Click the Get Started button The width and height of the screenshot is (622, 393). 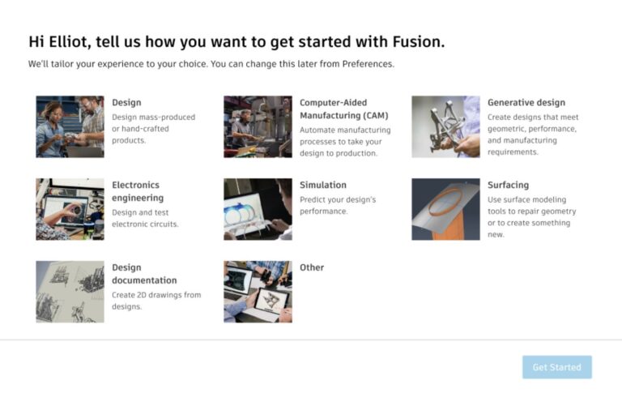pyautogui.click(x=556, y=367)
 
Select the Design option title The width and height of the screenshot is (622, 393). pyautogui.click(x=126, y=103)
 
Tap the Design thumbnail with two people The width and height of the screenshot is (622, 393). pyautogui.click(x=70, y=126)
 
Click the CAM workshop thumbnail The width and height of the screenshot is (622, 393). pyautogui.click(x=258, y=126)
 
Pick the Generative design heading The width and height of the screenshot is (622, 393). pyautogui.click(x=526, y=103)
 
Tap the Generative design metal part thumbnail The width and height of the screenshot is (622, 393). pyautogui.click(x=445, y=126)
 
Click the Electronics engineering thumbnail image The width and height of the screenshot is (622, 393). pyautogui.click(x=70, y=209)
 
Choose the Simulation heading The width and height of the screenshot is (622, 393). pyautogui.click(x=322, y=185)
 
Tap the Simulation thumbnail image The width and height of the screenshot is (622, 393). pyautogui.click(x=258, y=209)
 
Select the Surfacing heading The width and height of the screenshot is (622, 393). pyautogui.click(x=508, y=185)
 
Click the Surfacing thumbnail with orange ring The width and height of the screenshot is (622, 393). pyautogui.click(x=445, y=209)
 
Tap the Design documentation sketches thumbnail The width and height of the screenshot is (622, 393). pyautogui.click(x=70, y=292)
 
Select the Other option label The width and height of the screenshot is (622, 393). pyautogui.click(x=312, y=267)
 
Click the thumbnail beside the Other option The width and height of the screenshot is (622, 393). pyautogui.click(x=258, y=292)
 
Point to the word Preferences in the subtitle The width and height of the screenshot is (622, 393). pyautogui.click(x=366, y=63)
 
